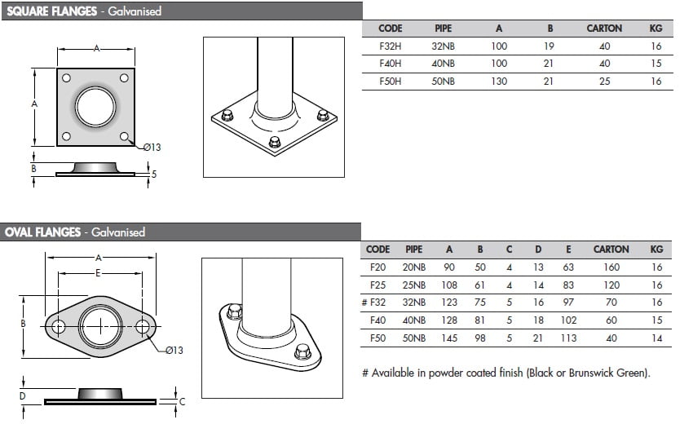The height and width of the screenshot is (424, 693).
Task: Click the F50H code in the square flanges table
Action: [391, 82]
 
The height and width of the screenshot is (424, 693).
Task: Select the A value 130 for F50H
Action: [499, 82]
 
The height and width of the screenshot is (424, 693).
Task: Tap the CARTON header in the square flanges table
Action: [604, 29]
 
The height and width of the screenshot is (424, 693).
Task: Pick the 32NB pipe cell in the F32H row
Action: [443, 46]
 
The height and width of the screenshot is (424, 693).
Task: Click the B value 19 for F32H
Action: [549, 46]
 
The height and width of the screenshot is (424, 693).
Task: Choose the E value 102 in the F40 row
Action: [568, 320]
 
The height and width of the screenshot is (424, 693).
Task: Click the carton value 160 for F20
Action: [611, 267]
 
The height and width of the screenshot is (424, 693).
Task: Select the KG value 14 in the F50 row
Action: [657, 338]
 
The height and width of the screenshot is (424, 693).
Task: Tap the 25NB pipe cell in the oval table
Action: [413, 285]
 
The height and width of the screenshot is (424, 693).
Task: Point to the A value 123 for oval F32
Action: [449, 303]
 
